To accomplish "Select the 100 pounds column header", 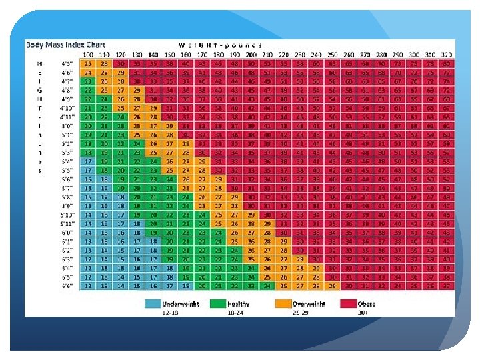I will click(x=87, y=53).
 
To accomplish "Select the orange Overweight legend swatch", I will click(x=282, y=303).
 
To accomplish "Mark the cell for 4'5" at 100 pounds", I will click(x=87, y=62).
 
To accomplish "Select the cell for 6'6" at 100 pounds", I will click(x=87, y=285).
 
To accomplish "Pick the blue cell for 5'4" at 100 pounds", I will click(x=87, y=161).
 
